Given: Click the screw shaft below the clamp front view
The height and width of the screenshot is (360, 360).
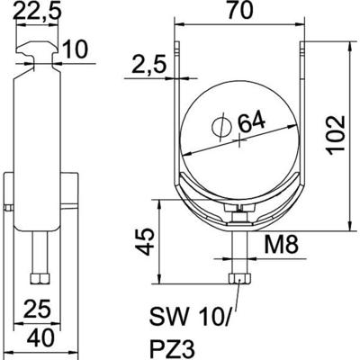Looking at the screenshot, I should [x=239, y=247].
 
